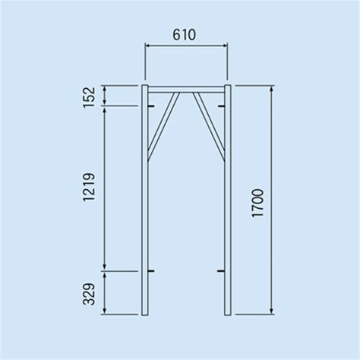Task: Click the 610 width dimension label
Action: click(184, 35)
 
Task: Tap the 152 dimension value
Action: click(89, 97)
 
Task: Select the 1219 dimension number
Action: click(89, 187)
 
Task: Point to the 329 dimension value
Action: click(89, 294)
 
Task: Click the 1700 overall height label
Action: click(258, 203)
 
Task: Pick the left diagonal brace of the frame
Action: click(163, 127)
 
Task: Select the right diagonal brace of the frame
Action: click(209, 127)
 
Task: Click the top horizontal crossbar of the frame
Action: click(186, 90)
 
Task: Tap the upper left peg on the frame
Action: click(151, 106)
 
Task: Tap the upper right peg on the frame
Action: click(222, 106)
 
